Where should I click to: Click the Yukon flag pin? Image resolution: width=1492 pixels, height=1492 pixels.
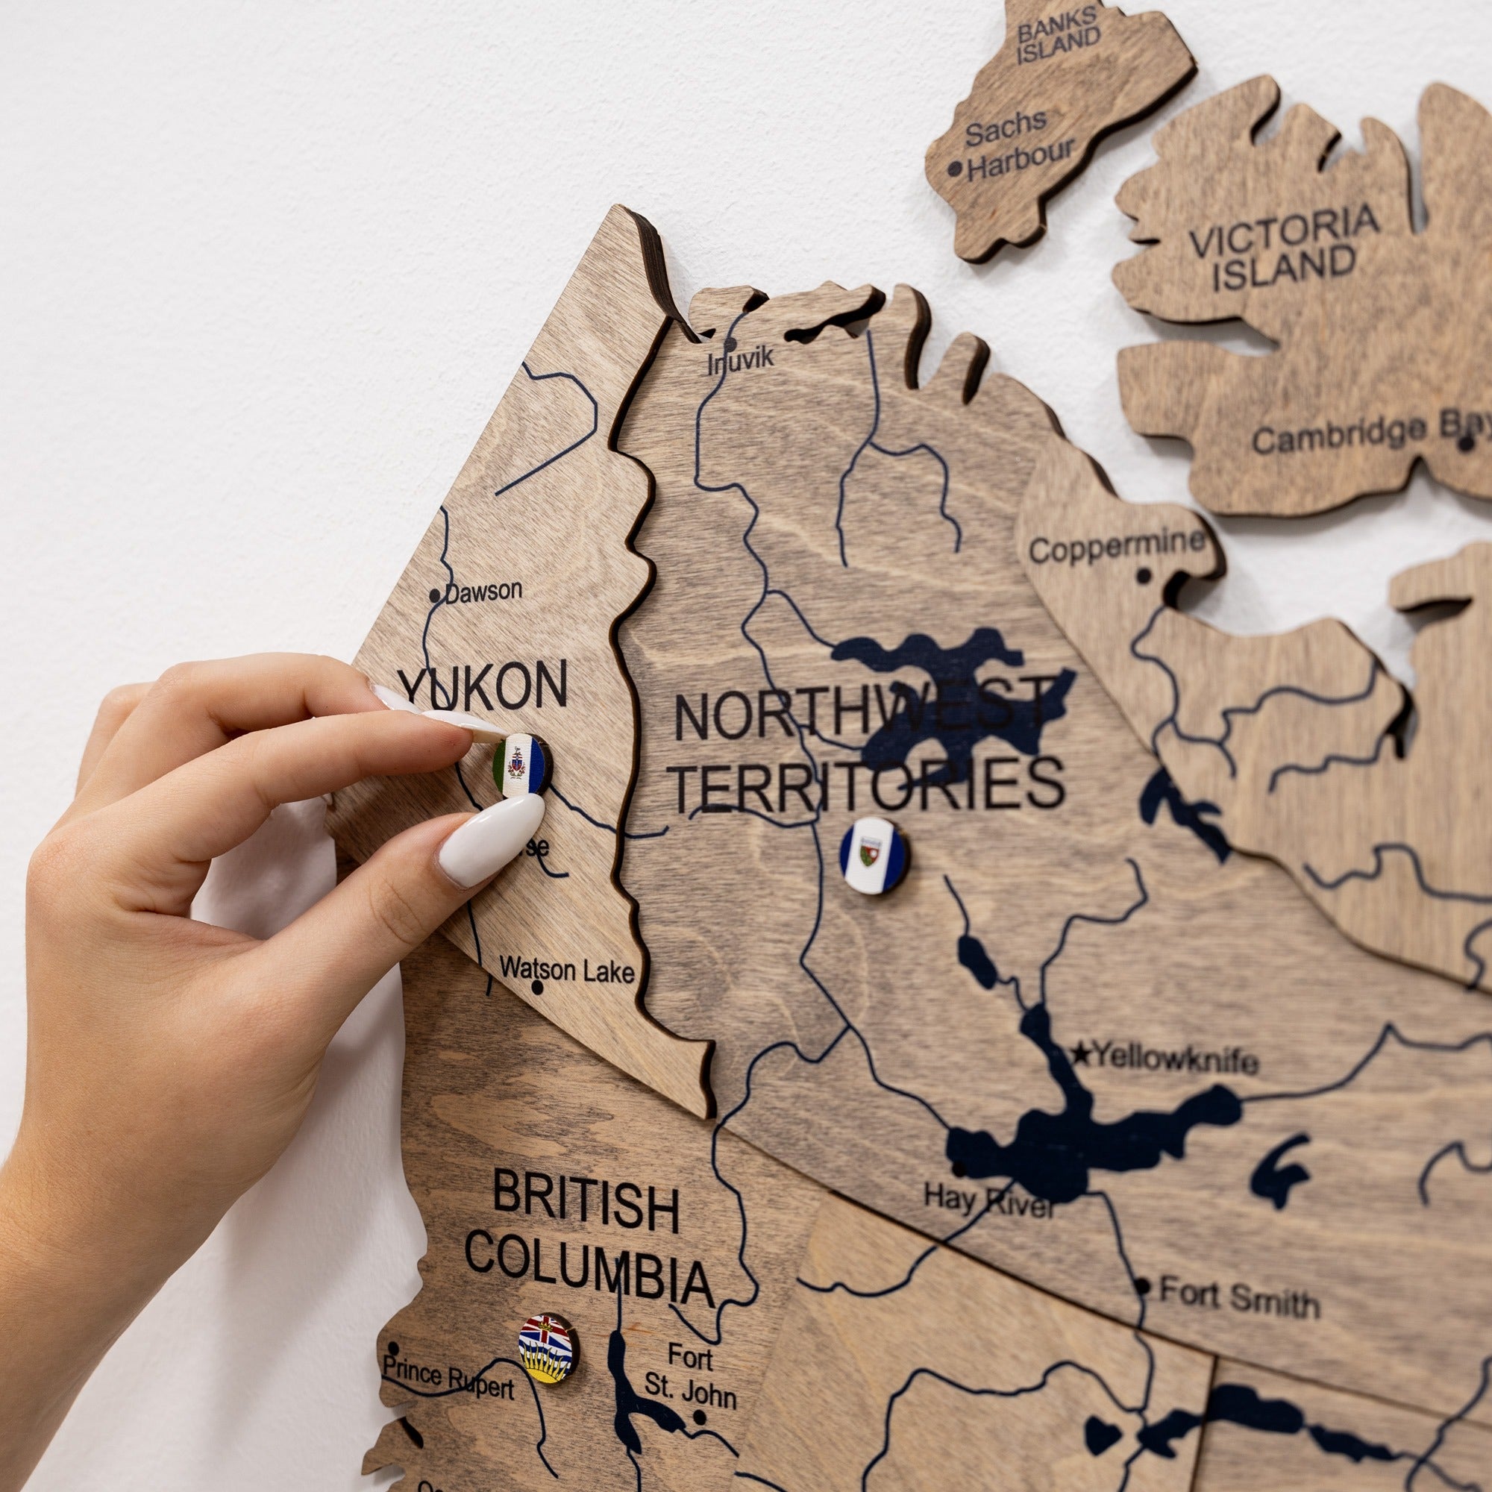(522, 764)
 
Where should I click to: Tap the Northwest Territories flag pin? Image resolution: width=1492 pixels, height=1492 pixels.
(874, 856)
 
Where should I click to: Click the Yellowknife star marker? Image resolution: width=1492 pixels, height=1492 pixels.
(1082, 1053)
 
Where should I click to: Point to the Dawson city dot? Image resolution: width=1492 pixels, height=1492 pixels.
(436, 595)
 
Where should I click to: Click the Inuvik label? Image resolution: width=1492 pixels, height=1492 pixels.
(741, 360)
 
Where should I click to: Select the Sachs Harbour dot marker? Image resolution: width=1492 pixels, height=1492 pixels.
(956, 168)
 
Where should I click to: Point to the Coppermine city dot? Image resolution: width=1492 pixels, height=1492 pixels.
(1144, 576)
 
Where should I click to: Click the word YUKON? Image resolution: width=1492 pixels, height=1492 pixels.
(484, 684)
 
